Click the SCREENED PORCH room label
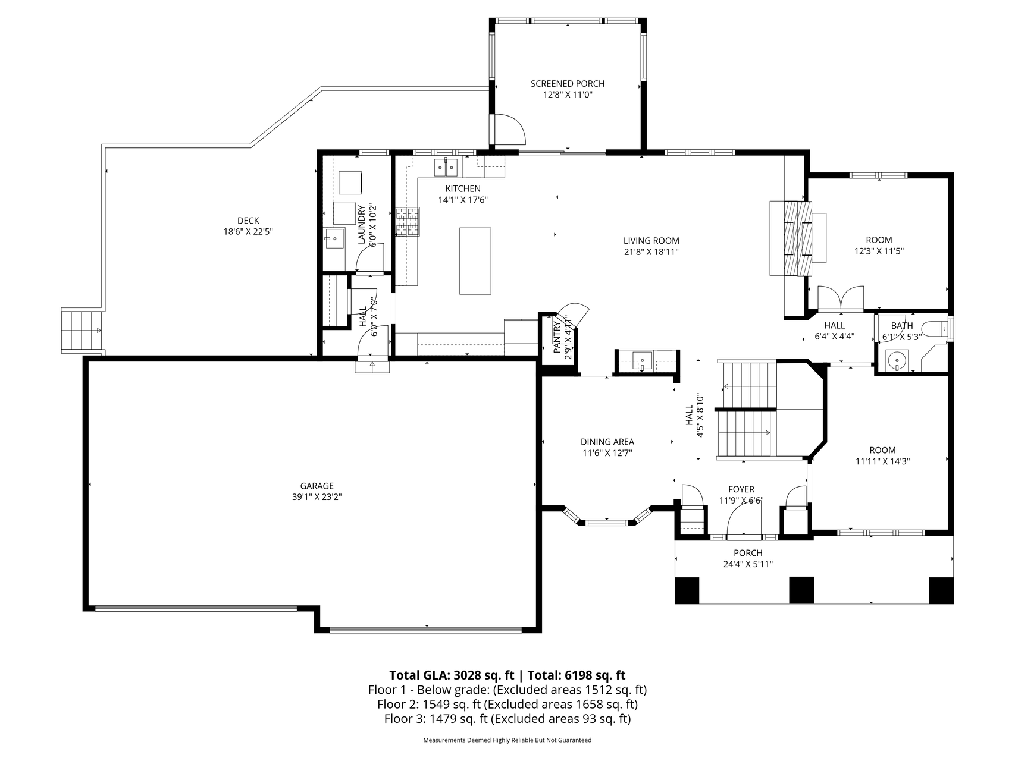coord(567,84)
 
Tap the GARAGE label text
coord(317,486)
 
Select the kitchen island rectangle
coord(475,260)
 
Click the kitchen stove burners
coord(408,222)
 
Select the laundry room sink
coord(334,239)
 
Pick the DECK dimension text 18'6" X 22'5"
coord(248,231)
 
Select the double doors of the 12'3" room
coord(841,298)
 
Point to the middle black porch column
coord(801,590)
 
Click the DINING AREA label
coord(607,442)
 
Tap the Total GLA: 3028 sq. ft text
coord(452,675)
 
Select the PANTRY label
coord(557,338)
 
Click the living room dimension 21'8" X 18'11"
coord(651,251)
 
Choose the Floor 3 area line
coord(507,719)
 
